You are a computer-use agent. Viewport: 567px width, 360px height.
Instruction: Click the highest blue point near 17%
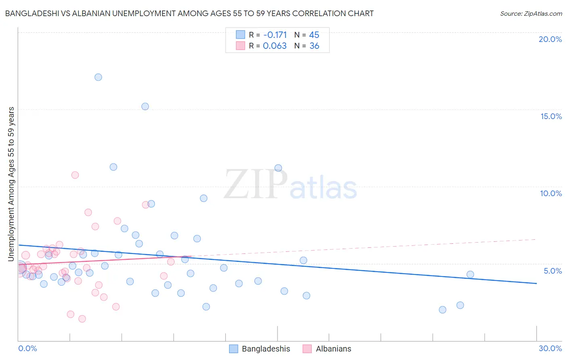98,77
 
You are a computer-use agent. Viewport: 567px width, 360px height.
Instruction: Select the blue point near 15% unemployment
145,107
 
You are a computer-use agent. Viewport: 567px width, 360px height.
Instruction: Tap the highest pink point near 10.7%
75,175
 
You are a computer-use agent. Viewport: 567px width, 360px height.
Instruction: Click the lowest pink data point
82,319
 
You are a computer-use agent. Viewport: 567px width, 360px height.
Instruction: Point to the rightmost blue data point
470,274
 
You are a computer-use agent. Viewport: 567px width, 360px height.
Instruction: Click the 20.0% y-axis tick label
550,39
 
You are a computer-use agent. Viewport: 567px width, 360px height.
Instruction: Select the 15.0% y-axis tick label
551,116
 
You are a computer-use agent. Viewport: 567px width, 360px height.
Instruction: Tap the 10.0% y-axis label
551,193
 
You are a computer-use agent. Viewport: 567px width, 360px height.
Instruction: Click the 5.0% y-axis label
552,271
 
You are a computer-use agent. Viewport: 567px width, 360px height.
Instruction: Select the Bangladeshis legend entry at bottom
266,349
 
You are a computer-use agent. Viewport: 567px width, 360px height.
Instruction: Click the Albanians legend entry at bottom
333,349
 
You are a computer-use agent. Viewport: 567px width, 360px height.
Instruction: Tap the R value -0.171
275,35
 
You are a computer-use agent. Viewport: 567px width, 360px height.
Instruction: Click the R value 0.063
275,46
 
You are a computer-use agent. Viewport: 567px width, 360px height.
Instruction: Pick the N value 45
314,35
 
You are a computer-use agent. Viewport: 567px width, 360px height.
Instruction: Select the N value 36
314,46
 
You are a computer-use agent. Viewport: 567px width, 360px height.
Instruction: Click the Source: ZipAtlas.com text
531,14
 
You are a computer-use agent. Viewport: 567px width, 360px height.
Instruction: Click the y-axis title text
11,184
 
